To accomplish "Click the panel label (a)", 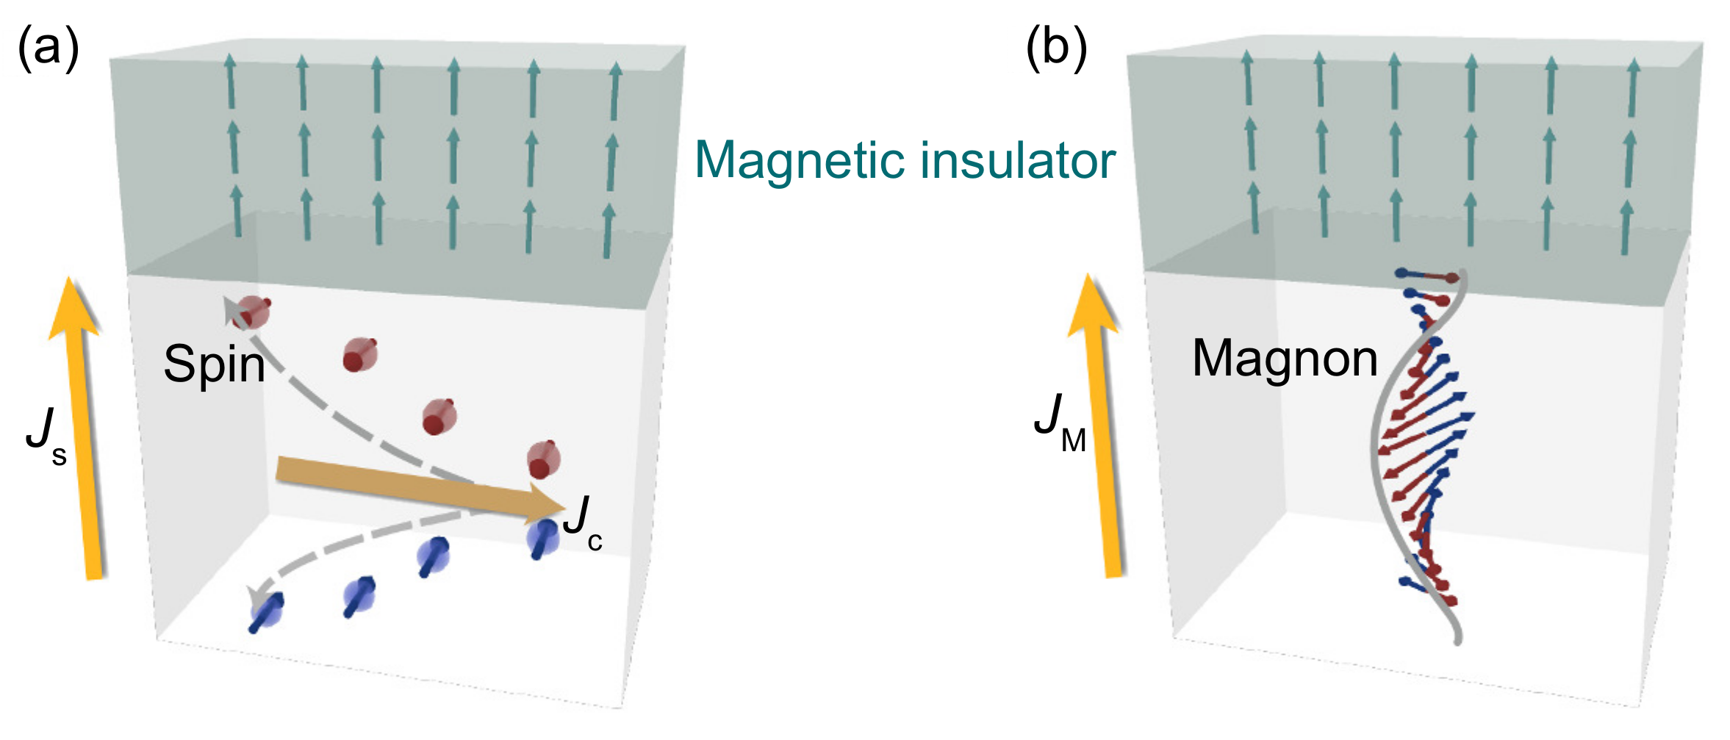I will (x=48, y=49).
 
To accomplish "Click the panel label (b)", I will (x=1056, y=49).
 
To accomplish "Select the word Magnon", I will (x=1285, y=359).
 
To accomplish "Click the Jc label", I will (x=583, y=523).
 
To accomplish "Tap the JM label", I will (x=1059, y=423).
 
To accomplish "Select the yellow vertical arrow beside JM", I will (x=1102, y=434).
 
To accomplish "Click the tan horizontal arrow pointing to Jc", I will (x=412, y=484).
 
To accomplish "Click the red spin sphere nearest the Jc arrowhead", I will (x=544, y=459).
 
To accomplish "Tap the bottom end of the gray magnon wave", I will (x=1457, y=639).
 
